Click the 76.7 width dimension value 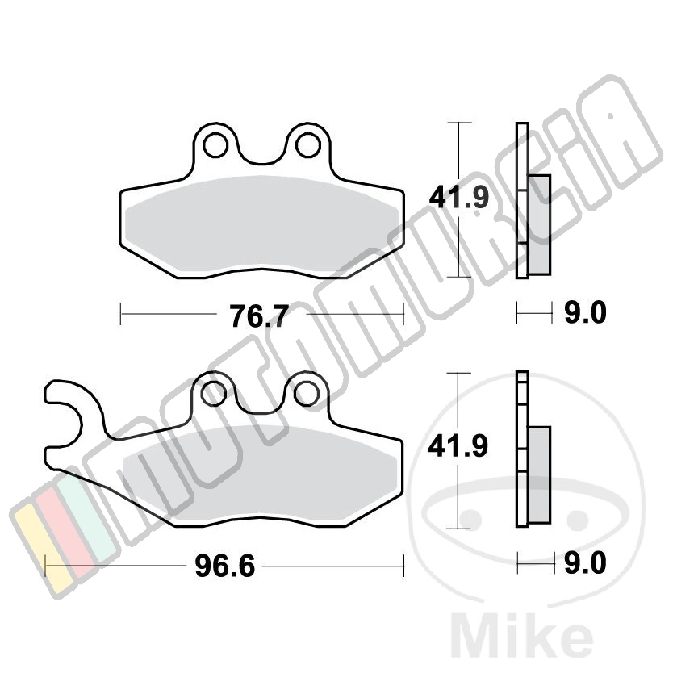coord(259,316)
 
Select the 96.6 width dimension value coord(224,566)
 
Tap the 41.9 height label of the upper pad coord(459,198)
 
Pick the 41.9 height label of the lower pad coord(458,446)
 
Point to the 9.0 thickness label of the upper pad coord(585,312)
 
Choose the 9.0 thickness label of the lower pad coord(585,562)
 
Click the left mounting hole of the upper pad coord(215,145)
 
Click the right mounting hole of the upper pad coord(307,145)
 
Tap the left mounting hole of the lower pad coord(214,394)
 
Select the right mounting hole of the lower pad coord(306,394)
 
